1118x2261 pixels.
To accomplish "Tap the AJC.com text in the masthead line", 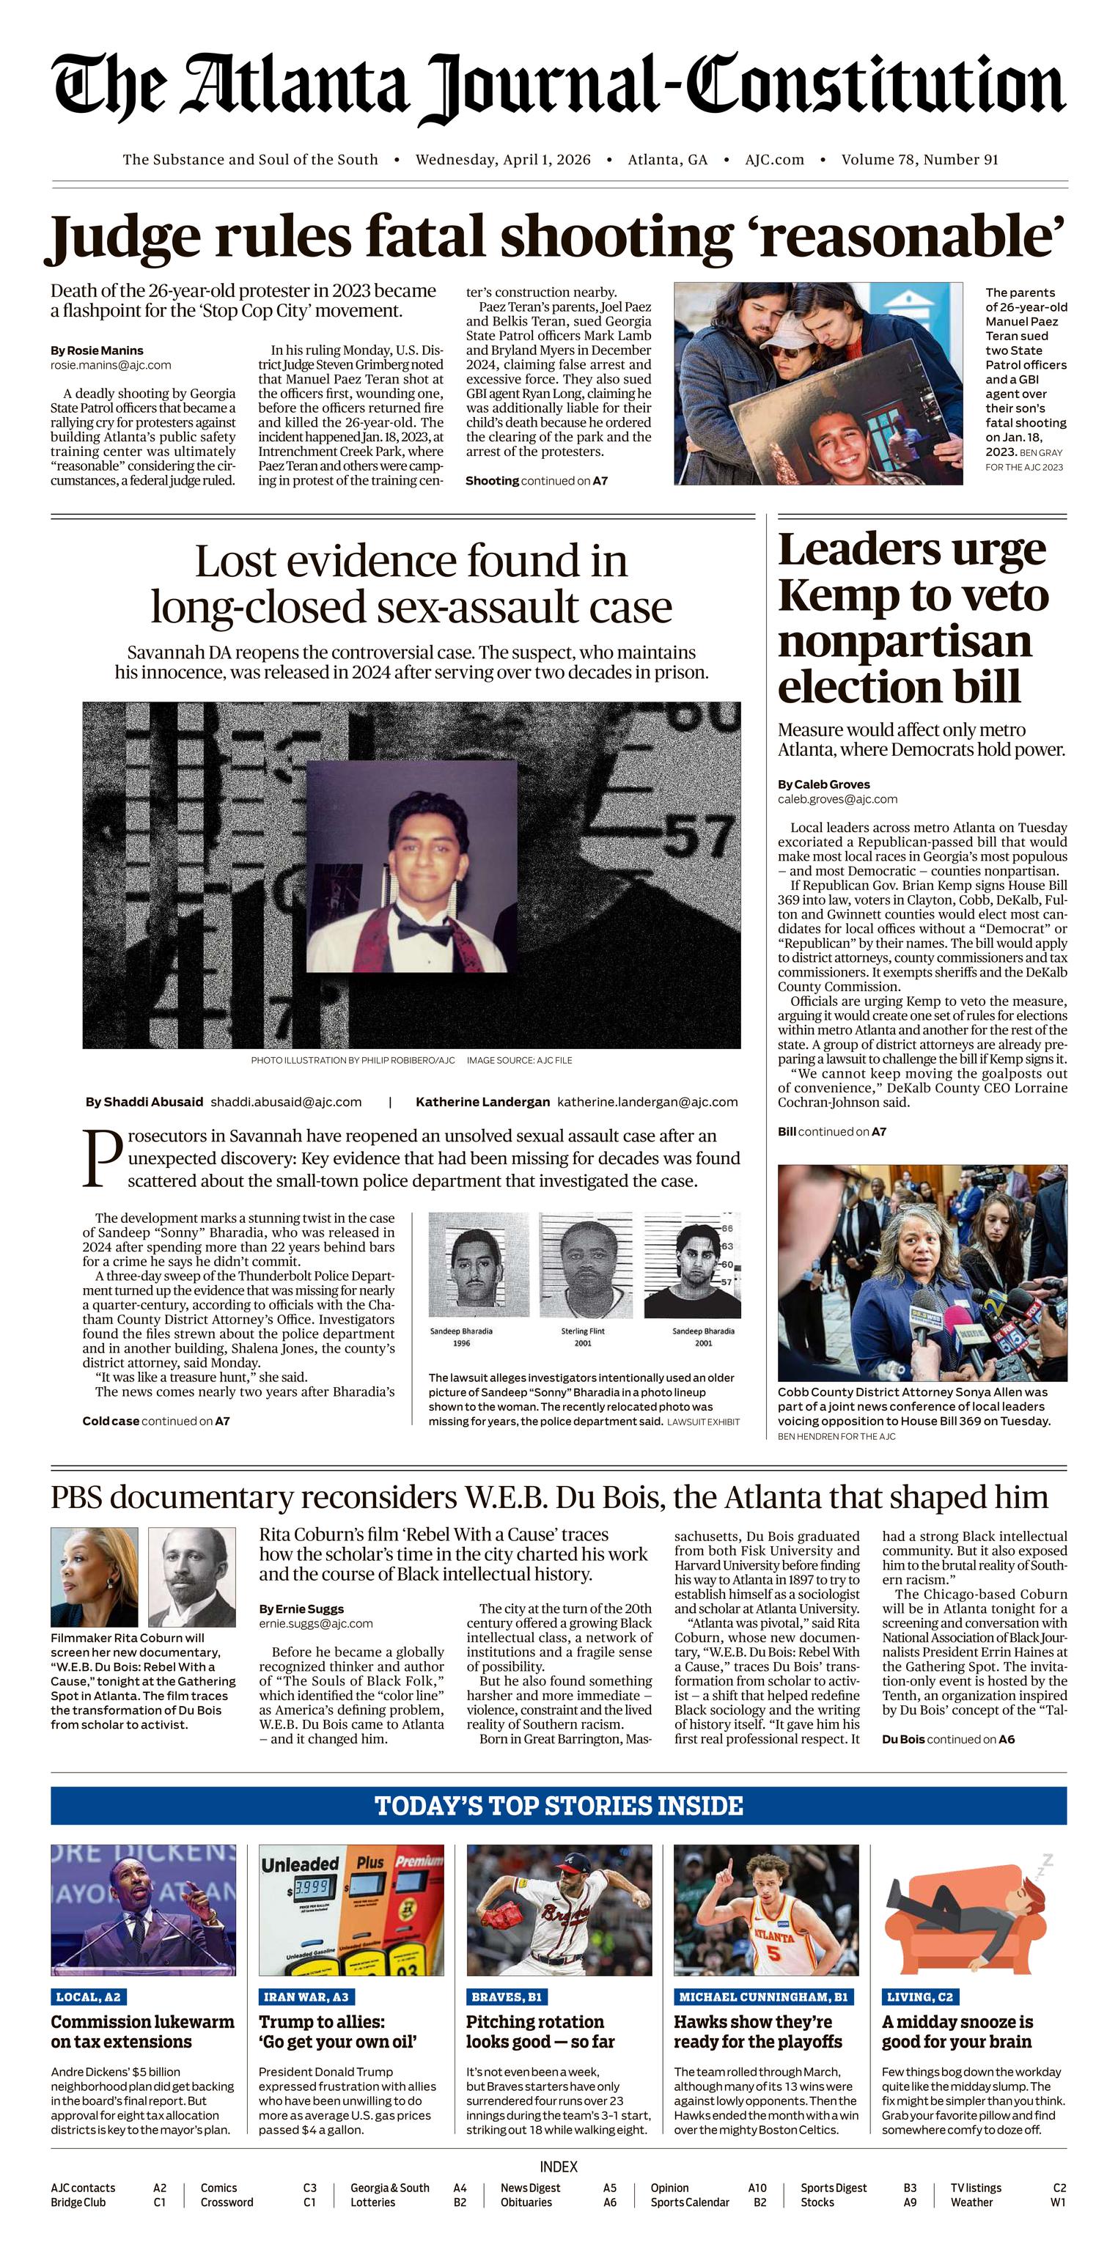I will [774, 160].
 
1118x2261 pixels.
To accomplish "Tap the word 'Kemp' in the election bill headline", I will [832, 596].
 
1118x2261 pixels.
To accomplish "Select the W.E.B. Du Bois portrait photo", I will [191, 1577].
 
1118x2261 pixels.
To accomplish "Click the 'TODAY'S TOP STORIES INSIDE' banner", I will [559, 1806].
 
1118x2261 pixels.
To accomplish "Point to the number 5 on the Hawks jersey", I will [773, 1954].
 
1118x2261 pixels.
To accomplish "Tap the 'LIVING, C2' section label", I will [919, 1997].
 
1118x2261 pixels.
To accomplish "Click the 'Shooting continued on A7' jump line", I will [536, 481].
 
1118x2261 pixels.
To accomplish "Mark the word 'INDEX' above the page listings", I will [559, 2167].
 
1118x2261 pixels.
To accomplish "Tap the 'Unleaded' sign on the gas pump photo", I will [299, 1864].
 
